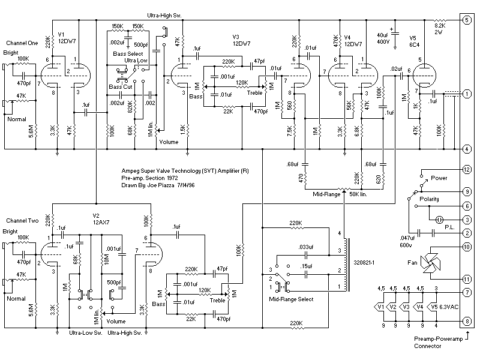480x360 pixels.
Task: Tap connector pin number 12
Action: [466, 170]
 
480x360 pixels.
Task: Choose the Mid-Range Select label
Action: [292, 298]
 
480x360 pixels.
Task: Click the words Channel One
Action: [22, 43]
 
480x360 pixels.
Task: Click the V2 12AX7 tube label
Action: [100, 218]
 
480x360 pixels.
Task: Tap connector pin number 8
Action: [466, 321]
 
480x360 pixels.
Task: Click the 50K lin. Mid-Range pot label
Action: [361, 194]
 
